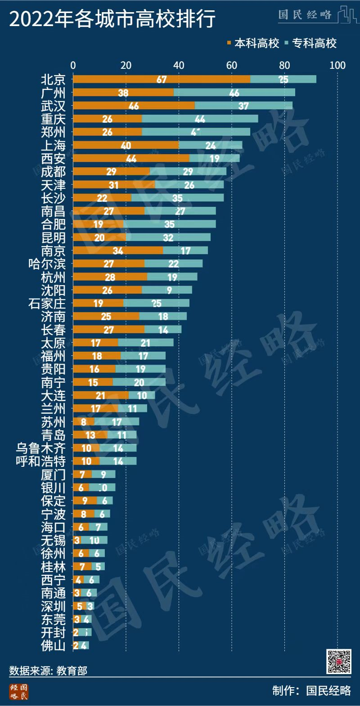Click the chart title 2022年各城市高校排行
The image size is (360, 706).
pyautogui.click(x=112, y=19)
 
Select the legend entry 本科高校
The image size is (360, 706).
pyautogui.click(x=254, y=44)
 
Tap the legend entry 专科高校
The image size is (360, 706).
pyautogui.click(x=311, y=44)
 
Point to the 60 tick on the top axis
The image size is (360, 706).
pyautogui.click(x=232, y=65)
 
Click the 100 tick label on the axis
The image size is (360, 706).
pyautogui.click(x=337, y=65)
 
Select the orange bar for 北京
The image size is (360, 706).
pyautogui.click(x=162, y=79)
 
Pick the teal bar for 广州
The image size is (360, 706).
pyautogui.click(x=234, y=93)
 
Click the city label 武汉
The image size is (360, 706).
pyautogui.click(x=53, y=106)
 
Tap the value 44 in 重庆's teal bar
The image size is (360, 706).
pyautogui.click(x=200, y=119)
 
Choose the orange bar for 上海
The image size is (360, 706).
pyautogui.click(x=126, y=145)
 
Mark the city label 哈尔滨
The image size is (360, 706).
pyautogui.click(x=47, y=264)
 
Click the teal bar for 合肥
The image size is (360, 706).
pyautogui.click(x=170, y=224)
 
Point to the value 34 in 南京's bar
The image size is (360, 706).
pyautogui.click(x=118, y=250)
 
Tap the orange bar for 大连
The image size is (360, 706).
pyautogui.click(x=100, y=396)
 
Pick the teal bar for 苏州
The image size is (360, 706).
pyautogui.click(x=117, y=422)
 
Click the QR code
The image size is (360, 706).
pyautogui.click(x=338, y=661)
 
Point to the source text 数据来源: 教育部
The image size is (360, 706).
pyautogui.click(x=48, y=671)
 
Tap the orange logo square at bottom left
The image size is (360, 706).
pyautogui.click(x=18, y=692)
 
